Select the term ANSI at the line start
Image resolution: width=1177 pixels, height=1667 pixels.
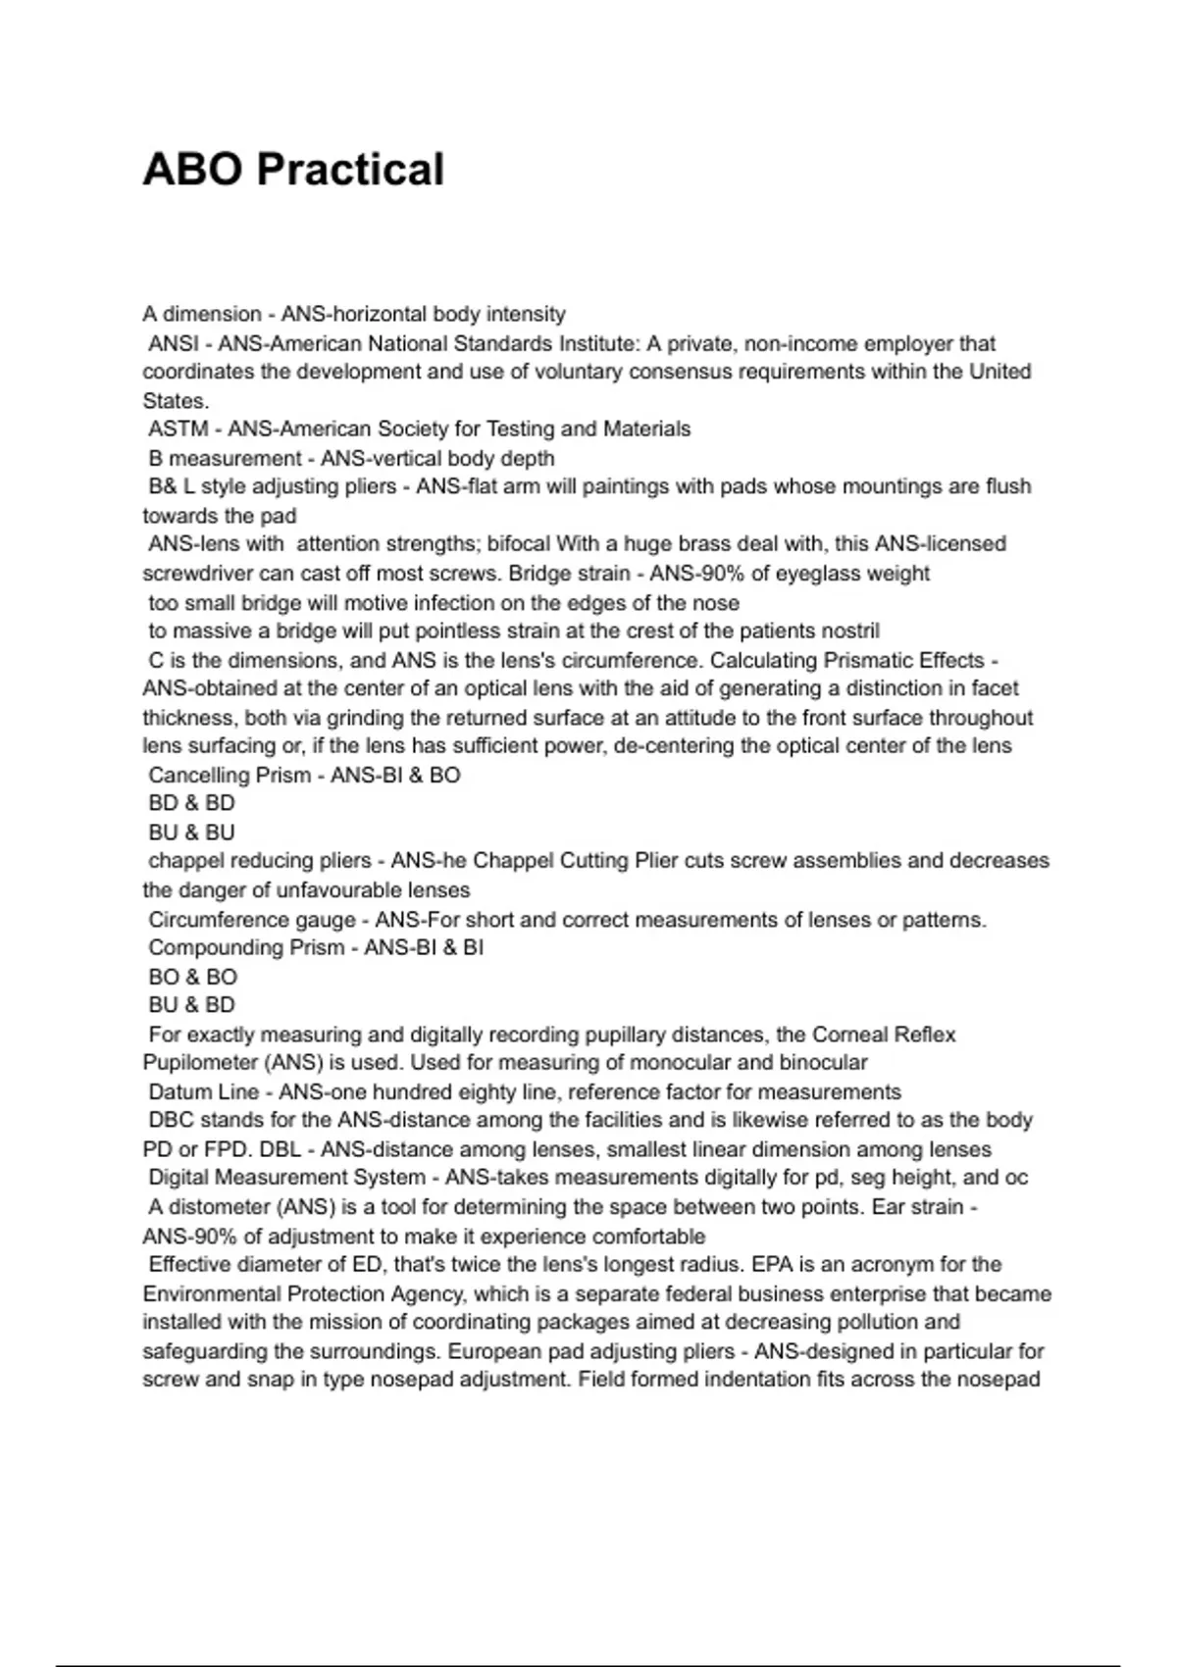pyautogui.click(x=174, y=344)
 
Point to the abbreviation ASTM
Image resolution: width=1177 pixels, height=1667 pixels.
pyautogui.click(x=178, y=429)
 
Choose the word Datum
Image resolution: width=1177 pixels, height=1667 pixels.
pyautogui.click(x=176, y=1092)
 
